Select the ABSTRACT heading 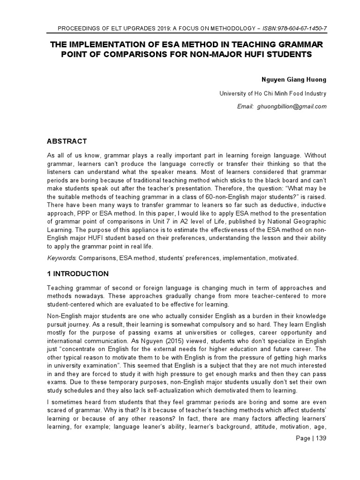click(x=67, y=141)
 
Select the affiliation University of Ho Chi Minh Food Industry click(x=273, y=93)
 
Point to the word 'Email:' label click(x=245, y=106)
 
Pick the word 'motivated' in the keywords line click(x=283, y=258)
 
